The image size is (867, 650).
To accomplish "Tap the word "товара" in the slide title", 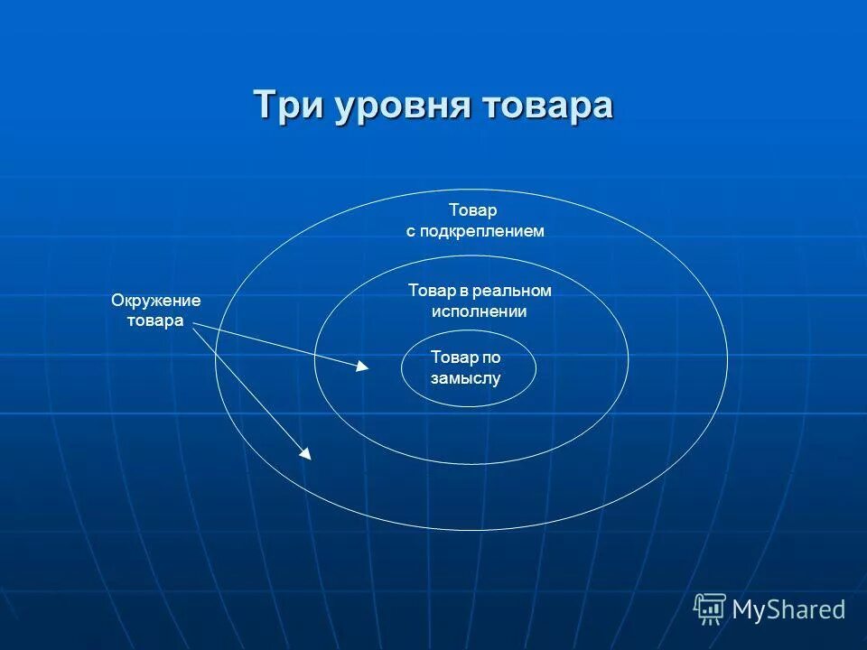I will (x=546, y=105).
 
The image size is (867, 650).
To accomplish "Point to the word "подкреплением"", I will (x=481, y=232).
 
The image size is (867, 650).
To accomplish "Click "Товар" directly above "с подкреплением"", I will (x=473, y=210).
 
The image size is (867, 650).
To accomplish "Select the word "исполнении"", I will (x=478, y=311).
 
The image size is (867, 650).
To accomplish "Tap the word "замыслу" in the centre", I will (x=465, y=379).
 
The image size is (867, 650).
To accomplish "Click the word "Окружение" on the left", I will (x=155, y=301).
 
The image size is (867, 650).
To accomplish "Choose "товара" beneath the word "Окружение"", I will (x=155, y=321).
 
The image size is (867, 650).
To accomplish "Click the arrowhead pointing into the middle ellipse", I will (x=362, y=366).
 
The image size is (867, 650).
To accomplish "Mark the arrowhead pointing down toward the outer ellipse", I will (x=305, y=453).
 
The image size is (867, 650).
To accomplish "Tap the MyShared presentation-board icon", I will (x=710, y=609).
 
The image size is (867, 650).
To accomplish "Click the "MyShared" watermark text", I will (x=788, y=610).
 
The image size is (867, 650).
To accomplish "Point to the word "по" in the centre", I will (x=491, y=357).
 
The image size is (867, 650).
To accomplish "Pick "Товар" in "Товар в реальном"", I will (x=429, y=291).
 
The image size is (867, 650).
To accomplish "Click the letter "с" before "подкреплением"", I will (x=410, y=232).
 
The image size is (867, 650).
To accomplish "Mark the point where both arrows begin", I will (x=194, y=325).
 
